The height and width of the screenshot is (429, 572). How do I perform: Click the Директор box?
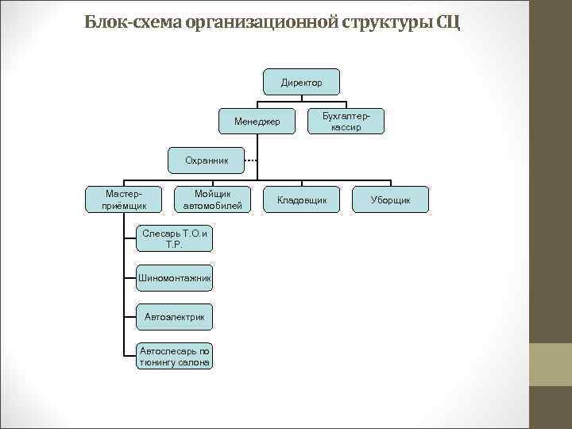[302, 83]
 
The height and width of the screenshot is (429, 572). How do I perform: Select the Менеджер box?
[257, 122]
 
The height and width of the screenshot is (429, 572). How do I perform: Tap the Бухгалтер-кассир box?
[346, 121]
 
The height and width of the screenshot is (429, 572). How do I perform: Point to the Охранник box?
[207, 160]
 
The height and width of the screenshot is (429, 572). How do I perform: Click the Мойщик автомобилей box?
[212, 199]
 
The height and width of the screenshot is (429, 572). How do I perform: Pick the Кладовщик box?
[302, 199]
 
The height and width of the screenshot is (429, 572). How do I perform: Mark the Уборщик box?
[390, 199]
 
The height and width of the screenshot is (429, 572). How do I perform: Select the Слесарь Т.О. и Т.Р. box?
[174, 238]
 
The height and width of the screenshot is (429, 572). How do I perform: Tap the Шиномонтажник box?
[174, 277]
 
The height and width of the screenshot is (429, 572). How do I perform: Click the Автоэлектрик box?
[174, 317]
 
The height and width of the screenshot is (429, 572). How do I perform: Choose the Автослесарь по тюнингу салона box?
[174, 356]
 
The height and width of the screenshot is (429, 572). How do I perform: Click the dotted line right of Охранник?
[249, 160]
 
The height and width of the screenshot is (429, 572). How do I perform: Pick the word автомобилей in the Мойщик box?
[212, 206]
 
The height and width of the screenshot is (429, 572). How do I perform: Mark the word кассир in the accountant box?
[346, 127]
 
